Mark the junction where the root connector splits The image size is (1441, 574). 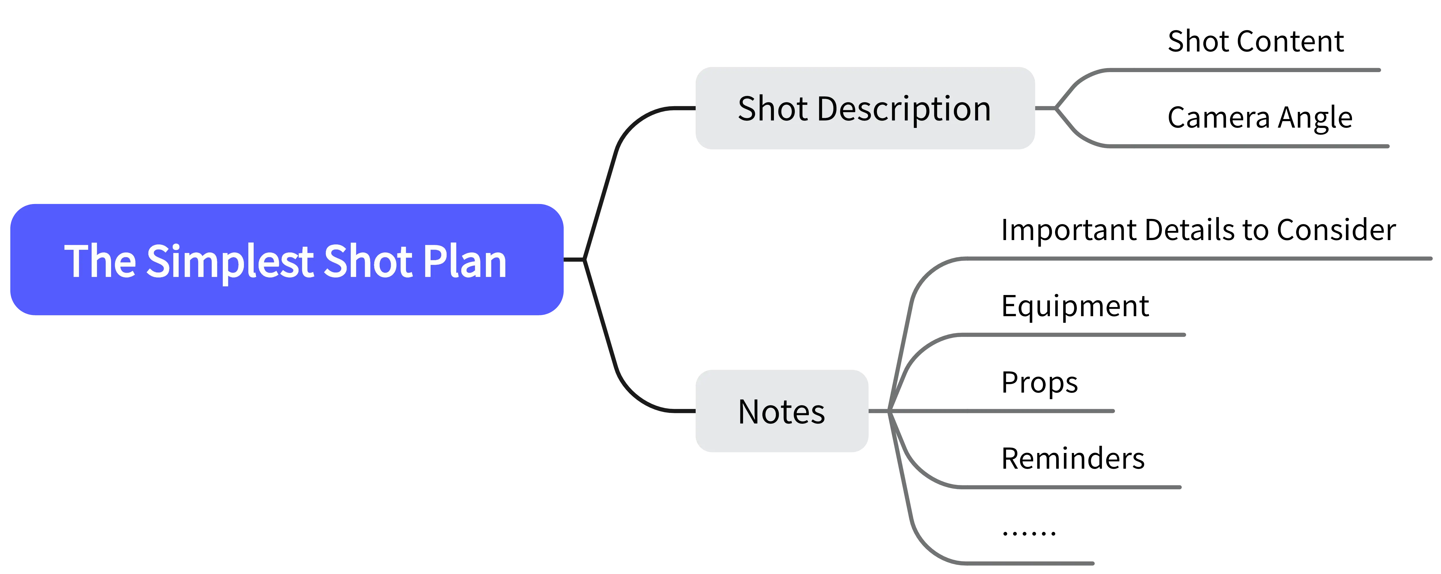tap(584, 259)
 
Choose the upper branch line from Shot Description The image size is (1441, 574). tap(1231, 70)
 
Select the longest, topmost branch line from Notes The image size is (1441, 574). tap(1175, 259)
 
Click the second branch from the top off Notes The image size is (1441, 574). tap(1063, 335)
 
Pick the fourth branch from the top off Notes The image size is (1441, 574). tap(1063, 487)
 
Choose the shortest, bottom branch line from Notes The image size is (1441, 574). tap(1024, 563)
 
